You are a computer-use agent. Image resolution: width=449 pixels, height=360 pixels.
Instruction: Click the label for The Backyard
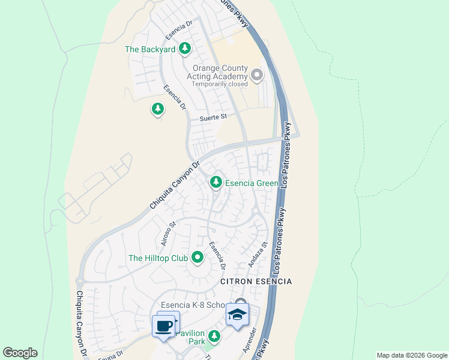(149, 49)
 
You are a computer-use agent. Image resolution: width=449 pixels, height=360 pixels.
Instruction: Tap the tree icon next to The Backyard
(185, 48)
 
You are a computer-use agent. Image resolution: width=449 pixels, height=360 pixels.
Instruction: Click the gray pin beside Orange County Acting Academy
(257, 75)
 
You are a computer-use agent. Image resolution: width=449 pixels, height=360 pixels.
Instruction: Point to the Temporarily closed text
(219, 84)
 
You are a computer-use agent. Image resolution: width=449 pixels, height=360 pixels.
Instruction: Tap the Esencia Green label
(252, 183)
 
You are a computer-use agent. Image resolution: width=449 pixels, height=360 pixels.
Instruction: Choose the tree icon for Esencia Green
(215, 182)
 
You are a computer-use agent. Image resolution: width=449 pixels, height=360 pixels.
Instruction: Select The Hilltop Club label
(158, 259)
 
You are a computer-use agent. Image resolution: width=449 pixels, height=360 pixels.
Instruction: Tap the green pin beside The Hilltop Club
(197, 259)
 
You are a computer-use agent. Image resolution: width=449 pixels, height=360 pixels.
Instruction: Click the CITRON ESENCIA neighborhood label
(256, 281)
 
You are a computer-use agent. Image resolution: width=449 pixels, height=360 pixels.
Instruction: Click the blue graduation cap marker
(237, 314)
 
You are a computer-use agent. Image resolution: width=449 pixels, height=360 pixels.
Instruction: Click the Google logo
(20, 353)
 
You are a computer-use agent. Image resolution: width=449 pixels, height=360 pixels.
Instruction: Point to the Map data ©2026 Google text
(412, 355)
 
